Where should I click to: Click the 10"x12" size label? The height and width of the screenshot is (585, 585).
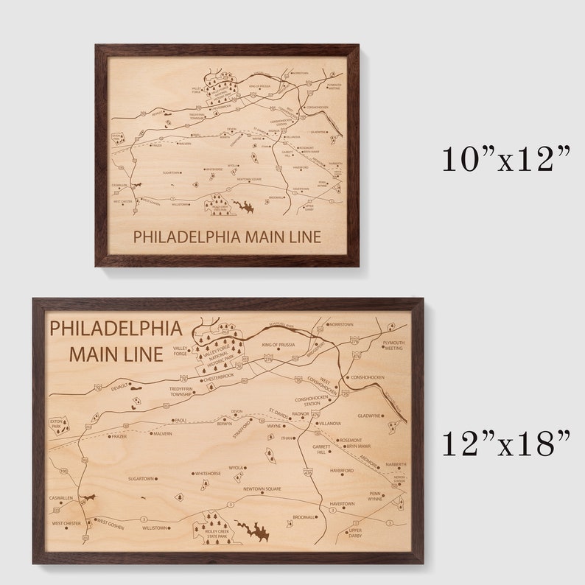pos(506,159)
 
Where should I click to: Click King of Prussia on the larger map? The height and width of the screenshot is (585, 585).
pos(278,344)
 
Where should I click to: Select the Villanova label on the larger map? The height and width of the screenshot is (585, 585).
pos(330,424)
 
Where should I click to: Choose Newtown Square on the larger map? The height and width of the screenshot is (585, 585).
pos(264,489)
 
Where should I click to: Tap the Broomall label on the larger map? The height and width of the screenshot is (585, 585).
pos(304,517)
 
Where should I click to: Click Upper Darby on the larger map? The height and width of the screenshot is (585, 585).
pos(356,532)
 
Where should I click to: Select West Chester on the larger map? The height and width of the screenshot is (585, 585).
pos(66,524)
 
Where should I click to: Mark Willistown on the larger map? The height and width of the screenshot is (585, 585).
pos(155,528)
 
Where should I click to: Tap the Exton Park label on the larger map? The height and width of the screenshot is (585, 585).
pos(57,424)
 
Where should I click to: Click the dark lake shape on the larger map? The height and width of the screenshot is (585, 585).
pos(253,530)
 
